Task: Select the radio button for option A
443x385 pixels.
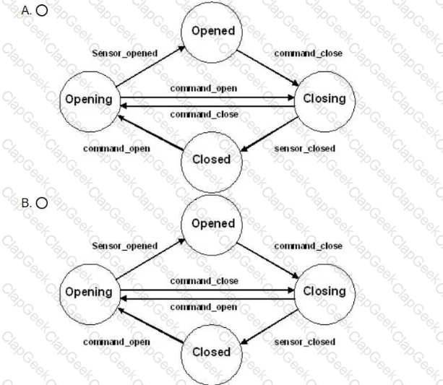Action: pyautogui.click(x=42, y=11)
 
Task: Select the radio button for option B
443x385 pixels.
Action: pyautogui.click(x=42, y=203)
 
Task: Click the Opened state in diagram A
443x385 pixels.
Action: pyautogui.click(x=212, y=33)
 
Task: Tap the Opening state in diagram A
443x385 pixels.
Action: pyautogui.click(x=90, y=101)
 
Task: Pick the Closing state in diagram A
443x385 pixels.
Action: pyautogui.click(x=324, y=101)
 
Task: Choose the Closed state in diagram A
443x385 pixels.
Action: pyautogui.click(x=212, y=162)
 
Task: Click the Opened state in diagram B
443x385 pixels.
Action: pyautogui.click(x=212, y=225)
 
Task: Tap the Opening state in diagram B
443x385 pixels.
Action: pyautogui.click(x=90, y=294)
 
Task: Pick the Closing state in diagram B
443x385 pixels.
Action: pyautogui.click(x=324, y=294)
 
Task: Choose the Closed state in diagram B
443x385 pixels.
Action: pyautogui.click(x=212, y=355)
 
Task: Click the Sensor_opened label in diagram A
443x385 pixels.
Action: pyautogui.click(x=125, y=53)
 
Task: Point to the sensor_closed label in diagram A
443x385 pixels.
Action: pyautogui.click(x=305, y=149)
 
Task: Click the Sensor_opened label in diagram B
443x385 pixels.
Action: pyautogui.click(x=125, y=246)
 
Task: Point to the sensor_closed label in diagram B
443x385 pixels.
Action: pyautogui.click(x=305, y=342)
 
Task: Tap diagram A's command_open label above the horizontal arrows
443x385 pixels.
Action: pyautogui.click(x=204, y=89)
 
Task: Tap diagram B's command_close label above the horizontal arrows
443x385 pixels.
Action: pyautogui.click(x=205, y=281)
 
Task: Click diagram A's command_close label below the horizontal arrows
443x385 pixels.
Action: pyautogui.click(x=205, y=114)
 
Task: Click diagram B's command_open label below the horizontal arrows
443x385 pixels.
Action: pyautogui.click(x=204, y=307)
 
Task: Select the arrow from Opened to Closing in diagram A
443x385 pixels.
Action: pyautogui.click(x=267, y=68)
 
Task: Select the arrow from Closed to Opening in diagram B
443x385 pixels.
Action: pyautogui.click(x=150, y=326)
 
